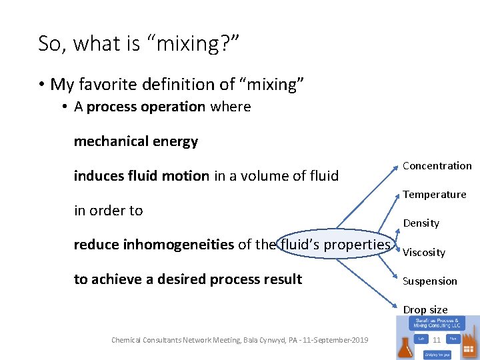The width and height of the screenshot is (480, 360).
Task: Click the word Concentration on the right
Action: click(437, 166)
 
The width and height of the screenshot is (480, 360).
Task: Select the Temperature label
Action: click(434, 195)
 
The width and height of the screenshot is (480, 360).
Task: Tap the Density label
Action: click(421, 223)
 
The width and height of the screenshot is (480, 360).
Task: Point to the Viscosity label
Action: click(424, 253)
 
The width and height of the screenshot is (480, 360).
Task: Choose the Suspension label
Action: click(430, 281)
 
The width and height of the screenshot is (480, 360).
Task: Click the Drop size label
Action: click(425, 310)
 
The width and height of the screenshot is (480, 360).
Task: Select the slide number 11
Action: click(437, 340)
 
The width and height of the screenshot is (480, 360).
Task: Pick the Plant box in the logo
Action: click(452, 338)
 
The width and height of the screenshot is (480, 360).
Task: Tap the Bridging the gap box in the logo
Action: click(437, 353)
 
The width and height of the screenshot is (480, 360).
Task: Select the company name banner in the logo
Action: click(437, 324)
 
